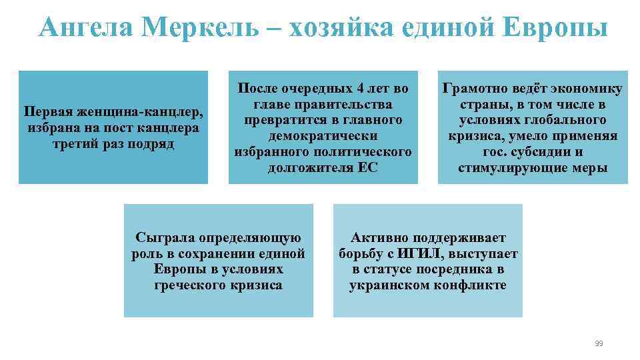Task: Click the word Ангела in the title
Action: click(86, 28)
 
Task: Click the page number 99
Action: click(598, 343)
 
